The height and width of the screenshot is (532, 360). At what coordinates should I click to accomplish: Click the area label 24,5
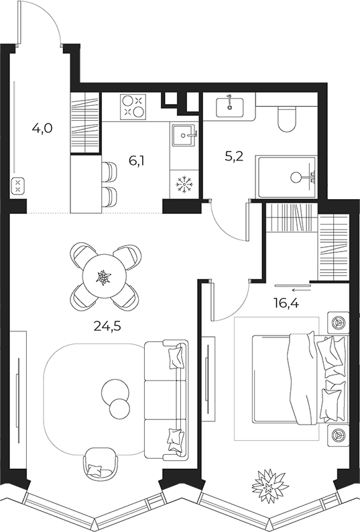107,327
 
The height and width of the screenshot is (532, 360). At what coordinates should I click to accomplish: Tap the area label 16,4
286,303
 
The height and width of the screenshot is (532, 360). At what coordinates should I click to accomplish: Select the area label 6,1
136,161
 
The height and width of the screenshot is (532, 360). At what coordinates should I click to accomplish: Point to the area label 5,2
234,157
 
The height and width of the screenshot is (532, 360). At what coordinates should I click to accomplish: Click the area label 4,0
42,128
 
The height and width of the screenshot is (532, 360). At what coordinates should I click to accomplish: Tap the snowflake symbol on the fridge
184,184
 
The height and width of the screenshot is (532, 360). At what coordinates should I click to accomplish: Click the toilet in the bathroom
286,118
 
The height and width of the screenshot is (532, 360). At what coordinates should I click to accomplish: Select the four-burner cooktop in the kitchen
133,107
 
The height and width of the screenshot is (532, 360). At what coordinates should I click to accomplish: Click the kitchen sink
184,136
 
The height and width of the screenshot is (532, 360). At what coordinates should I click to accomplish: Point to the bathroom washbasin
229,107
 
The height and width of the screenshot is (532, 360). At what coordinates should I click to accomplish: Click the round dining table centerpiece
103,278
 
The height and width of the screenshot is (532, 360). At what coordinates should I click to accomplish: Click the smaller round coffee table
120,409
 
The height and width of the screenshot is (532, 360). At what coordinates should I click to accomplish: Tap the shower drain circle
296,177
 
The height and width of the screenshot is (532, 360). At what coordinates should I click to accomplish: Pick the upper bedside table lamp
338,321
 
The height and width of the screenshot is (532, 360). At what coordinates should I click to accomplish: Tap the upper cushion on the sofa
176,356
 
